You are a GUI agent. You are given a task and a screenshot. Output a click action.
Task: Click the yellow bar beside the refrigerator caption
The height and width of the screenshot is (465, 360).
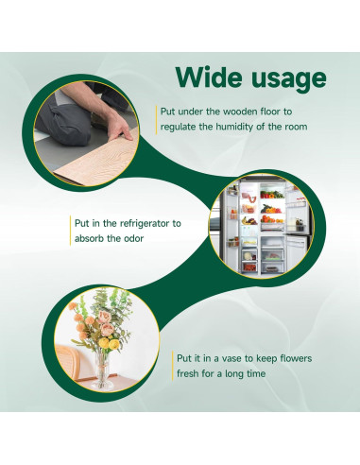71,232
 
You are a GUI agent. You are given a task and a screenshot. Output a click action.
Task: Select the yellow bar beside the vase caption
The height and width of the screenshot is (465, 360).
171,367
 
